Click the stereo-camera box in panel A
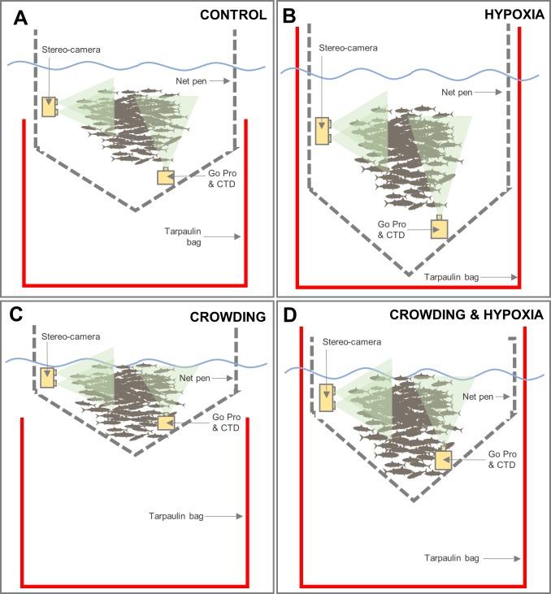50,106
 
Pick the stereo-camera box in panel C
48,377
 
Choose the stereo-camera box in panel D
327,397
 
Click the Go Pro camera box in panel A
166,178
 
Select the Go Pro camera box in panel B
440,228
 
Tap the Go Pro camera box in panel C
167,423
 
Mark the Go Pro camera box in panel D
444,460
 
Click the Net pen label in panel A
191,81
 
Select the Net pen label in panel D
479,397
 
